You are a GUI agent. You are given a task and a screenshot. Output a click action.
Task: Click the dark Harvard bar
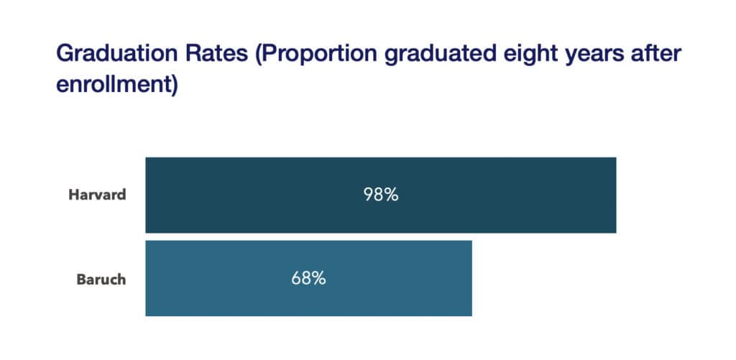click(x=503, y=195)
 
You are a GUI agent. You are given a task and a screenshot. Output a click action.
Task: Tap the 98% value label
click(x=381, y=195)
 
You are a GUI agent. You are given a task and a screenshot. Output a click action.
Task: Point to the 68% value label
click(x=309, y=278)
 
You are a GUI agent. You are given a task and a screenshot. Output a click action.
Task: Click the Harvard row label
click(x=97, y=195)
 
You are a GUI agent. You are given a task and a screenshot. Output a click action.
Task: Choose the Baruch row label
click(x=101, y=279)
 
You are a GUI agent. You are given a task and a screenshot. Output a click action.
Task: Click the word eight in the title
click(x=501, y=55)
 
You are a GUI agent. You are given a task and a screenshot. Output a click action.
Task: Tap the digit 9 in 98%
click(x=369, y=195)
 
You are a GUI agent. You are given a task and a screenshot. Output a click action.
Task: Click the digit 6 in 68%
click(x=297, y=278)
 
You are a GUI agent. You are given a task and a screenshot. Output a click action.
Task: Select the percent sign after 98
click(x=391, y=195)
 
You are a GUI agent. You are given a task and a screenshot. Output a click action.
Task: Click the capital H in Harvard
click(x=73, y=195)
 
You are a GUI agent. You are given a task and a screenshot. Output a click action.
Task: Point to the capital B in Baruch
click(x=81, y=279)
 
